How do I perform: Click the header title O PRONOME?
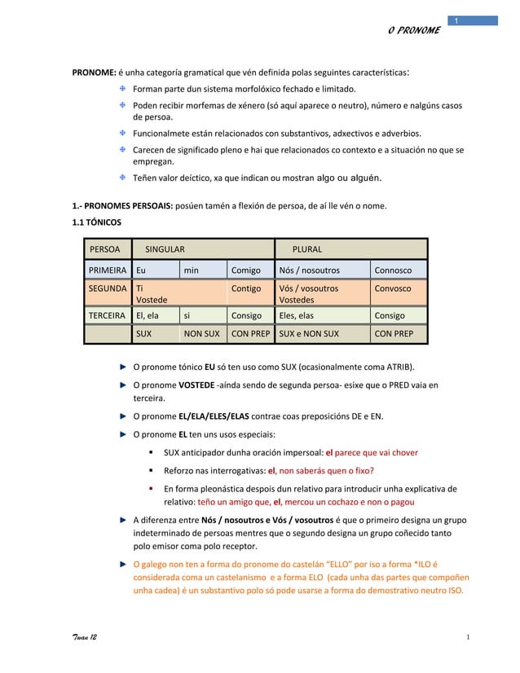coord(413,30)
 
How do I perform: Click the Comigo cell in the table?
coord(246,271)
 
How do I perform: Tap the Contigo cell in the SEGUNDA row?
coord(246,288)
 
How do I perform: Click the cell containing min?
coord(191,271)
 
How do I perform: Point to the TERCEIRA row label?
coord(107,315)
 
